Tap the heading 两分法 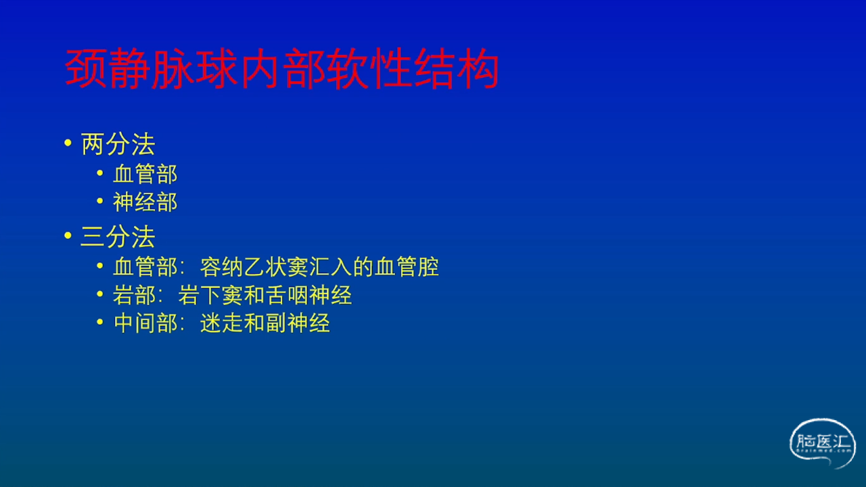(x=118, y=144)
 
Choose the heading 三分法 (x=118, y=237)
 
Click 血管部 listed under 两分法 (x=145, y=174)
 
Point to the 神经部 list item (x=145, y=202)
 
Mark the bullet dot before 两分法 (x=68, y=143)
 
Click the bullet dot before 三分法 (x=68, y=235)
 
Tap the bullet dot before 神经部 (x=100, y=201)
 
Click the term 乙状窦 (x=276, y=267)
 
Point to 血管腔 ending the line (x=407, y=267)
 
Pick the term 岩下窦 (x=210, y=296)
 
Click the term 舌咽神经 (x=309, y=296)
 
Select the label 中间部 (x=145, y=323)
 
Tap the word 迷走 (x=221, y=323)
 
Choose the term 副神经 (x=298, y=323)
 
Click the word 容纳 (x=221, y=267)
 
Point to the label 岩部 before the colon (x=134, y=296)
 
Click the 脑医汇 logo (x=822, y=443)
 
